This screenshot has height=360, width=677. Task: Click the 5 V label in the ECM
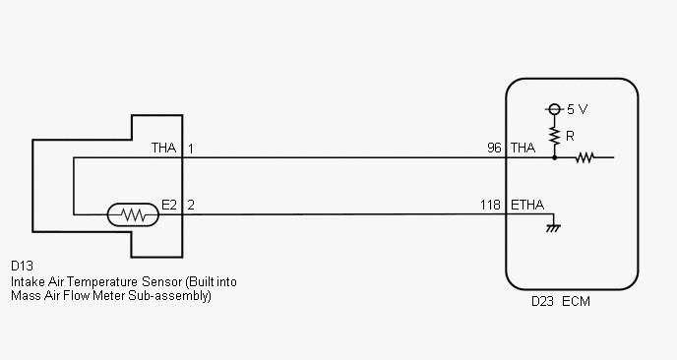577,109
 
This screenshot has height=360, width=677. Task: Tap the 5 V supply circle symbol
554,109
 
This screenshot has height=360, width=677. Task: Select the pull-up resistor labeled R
554,137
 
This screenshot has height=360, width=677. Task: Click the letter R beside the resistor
570,137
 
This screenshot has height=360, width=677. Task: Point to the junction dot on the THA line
554,157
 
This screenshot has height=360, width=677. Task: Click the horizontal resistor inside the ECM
585,157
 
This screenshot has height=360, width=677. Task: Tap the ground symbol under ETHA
553,228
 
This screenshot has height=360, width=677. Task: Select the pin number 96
494,149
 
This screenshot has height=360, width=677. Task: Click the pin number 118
490,205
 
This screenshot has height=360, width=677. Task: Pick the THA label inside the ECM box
523,149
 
